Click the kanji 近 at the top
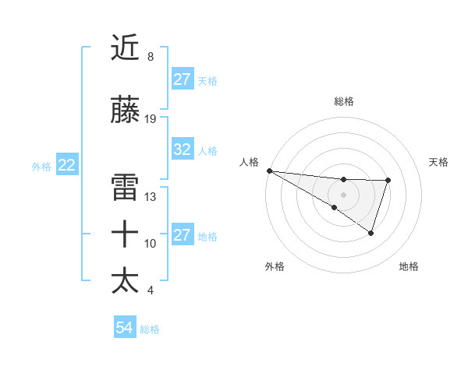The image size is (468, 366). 126,48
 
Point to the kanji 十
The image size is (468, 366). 126,234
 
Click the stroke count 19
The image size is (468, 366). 151,119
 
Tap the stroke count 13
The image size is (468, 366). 151,197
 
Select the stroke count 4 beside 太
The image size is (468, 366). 150,290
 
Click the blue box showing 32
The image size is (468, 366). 183,150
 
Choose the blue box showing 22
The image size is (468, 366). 67,165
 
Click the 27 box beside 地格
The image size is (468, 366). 183,235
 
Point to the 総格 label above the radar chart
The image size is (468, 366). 344,101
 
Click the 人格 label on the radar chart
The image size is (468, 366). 249,162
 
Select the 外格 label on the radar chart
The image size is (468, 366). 275,267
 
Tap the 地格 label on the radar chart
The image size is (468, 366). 409,267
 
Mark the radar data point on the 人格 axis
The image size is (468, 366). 269,171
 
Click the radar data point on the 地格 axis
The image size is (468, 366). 371,233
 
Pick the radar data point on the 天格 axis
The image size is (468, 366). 388,181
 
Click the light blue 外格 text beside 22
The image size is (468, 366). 41,166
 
